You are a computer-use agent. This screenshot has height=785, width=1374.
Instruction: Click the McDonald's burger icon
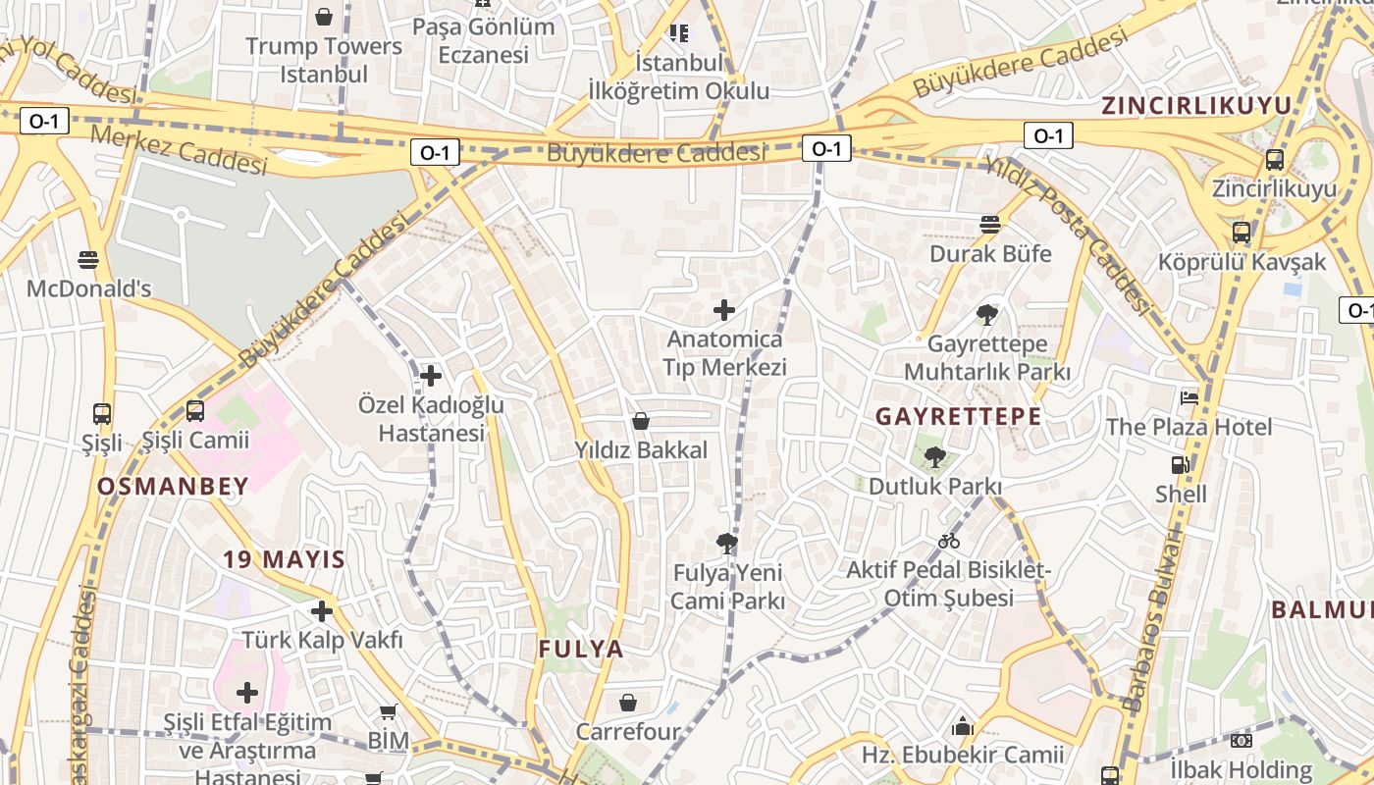point(88,260)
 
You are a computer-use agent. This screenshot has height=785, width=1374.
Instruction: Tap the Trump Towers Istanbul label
point(324,60)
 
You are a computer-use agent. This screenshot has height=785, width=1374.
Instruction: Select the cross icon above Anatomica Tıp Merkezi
point(724,311)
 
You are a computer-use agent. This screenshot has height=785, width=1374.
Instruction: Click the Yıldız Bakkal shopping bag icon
point(641,422)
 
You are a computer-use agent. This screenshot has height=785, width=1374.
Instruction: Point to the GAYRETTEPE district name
point(958,416)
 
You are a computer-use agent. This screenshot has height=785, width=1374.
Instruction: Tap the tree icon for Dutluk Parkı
point(934,456)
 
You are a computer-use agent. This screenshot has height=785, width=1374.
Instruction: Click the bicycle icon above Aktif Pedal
point(949,541)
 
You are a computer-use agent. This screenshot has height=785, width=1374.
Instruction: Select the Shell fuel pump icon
point(1180,465)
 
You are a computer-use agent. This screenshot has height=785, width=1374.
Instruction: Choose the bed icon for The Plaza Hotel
point(1189,397)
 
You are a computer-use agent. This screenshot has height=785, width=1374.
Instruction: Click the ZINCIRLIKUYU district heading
point(1195,106)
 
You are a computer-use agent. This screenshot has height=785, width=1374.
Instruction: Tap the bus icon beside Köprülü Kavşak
point(1242,233)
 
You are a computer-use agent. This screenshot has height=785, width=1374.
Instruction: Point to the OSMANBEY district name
point(173,486)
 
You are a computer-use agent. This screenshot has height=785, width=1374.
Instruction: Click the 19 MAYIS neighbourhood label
point(284,560)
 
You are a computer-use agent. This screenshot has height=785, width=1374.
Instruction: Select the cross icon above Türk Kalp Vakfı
point(322,611)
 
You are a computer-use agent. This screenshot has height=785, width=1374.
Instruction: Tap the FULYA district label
point(581,649)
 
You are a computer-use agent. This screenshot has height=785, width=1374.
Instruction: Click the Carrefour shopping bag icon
point(628,703)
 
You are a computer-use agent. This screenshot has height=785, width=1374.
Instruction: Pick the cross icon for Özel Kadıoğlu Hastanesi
point(430,376)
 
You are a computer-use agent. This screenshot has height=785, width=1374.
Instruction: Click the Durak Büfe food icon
point(990,225)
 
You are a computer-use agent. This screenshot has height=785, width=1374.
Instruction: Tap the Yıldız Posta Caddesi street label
point(1069,236)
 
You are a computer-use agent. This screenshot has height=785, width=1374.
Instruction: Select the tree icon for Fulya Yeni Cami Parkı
point(727,543)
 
